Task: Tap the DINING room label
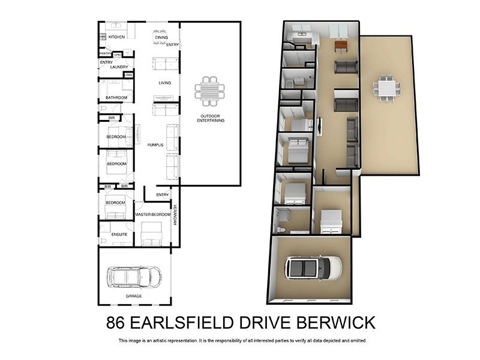click(x=161, y=38)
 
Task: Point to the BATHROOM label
click(x=116, y=97)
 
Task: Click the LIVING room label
click(x=165, y=83)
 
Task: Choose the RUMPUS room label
click(x=156, y=145)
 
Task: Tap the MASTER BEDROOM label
click(x=153, y=214)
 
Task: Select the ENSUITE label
click(x=119, y=234)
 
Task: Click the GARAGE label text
click(x=134, y=296)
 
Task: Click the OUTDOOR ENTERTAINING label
click(x=210, y=118)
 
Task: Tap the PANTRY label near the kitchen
click(x=105, y=53)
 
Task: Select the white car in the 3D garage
click(x=313, y=267)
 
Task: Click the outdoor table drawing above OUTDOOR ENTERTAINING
click(x=210, y=91)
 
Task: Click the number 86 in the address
click(x=116, y=322)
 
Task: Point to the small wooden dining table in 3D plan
click(x=340, y=44)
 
